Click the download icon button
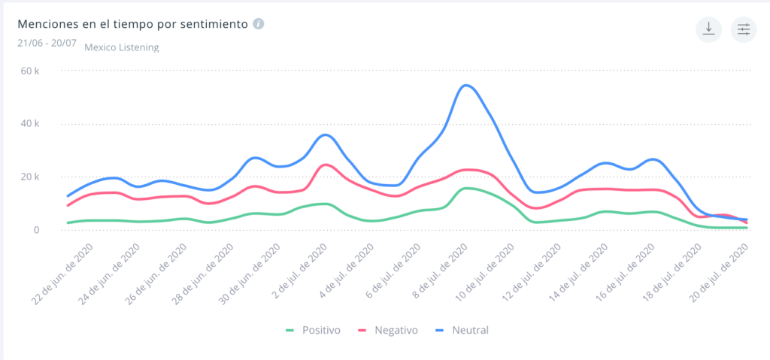pyautogui.click(x=708, y=29)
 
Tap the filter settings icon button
pyautogui.click(x=744, y=29)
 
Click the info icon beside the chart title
pyautogui.click(x=258, y=23)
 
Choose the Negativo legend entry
pyautogui.click(x=388, y=330)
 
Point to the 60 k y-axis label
pyautogui.click(x=30, y=71)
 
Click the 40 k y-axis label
pyautogui.click(x=30, y=124)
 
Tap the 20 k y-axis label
pyautogui.click(x=30, y=177)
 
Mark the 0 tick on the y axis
pyautogui.click(x=35, y=230)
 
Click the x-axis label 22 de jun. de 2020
pyautogui.click(x=63, y=274)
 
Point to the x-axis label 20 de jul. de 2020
pyautogui.click(x=722, y=274)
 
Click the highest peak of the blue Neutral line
pyautogui.click(x=466, y=85)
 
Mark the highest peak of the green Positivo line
pyautogui.click(x=466, y=188)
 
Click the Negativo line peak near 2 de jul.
pyautogui.click(x=325, y=165)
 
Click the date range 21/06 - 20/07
pyautogui.click(x=47, y=42)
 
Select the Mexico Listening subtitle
pyautogui.click(x=121, y=47)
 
